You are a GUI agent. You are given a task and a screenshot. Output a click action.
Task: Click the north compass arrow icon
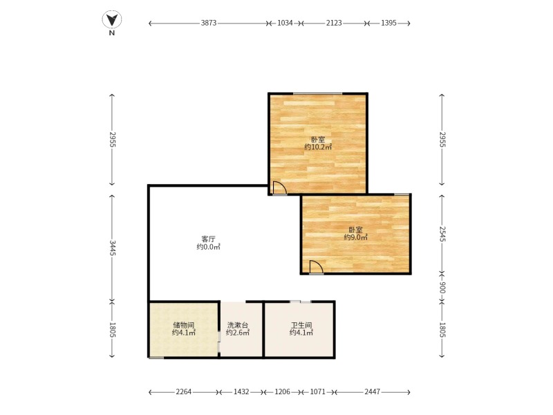coord(112,20)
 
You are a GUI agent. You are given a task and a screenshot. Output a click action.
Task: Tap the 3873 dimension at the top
coord(209,23)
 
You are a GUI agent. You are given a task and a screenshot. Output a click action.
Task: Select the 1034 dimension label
coord(285,23)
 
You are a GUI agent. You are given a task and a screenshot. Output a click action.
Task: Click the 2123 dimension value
coord(334,23)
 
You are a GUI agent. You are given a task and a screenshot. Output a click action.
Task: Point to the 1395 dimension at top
coord(388,23)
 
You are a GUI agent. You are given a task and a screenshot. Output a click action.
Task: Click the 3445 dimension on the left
coord(112,248)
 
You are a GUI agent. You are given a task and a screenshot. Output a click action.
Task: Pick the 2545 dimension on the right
coord(442,234)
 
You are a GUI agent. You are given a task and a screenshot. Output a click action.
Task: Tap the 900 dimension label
coord(442,288)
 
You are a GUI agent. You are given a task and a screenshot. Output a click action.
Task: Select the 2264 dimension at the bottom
coord(183,391)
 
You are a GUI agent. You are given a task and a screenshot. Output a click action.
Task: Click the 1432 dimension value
coord(241,391)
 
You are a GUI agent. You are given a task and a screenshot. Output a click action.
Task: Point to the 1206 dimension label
coord(282,391)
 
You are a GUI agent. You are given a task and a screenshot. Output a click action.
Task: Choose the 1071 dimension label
coord(318,391)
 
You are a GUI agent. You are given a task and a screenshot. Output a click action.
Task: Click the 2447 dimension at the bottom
coord(373,391)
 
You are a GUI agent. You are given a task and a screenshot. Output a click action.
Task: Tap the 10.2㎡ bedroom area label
coord(318,147)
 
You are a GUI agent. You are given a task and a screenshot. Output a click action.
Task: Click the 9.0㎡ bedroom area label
coord(356,237)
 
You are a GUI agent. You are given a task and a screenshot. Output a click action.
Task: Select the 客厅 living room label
coord(209,239)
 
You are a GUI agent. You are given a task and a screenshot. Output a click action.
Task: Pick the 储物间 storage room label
coord(184,325)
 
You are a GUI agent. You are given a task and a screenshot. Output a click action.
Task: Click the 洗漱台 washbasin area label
coord(238,325)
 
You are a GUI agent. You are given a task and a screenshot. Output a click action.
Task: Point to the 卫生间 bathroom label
coord(301,325)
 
